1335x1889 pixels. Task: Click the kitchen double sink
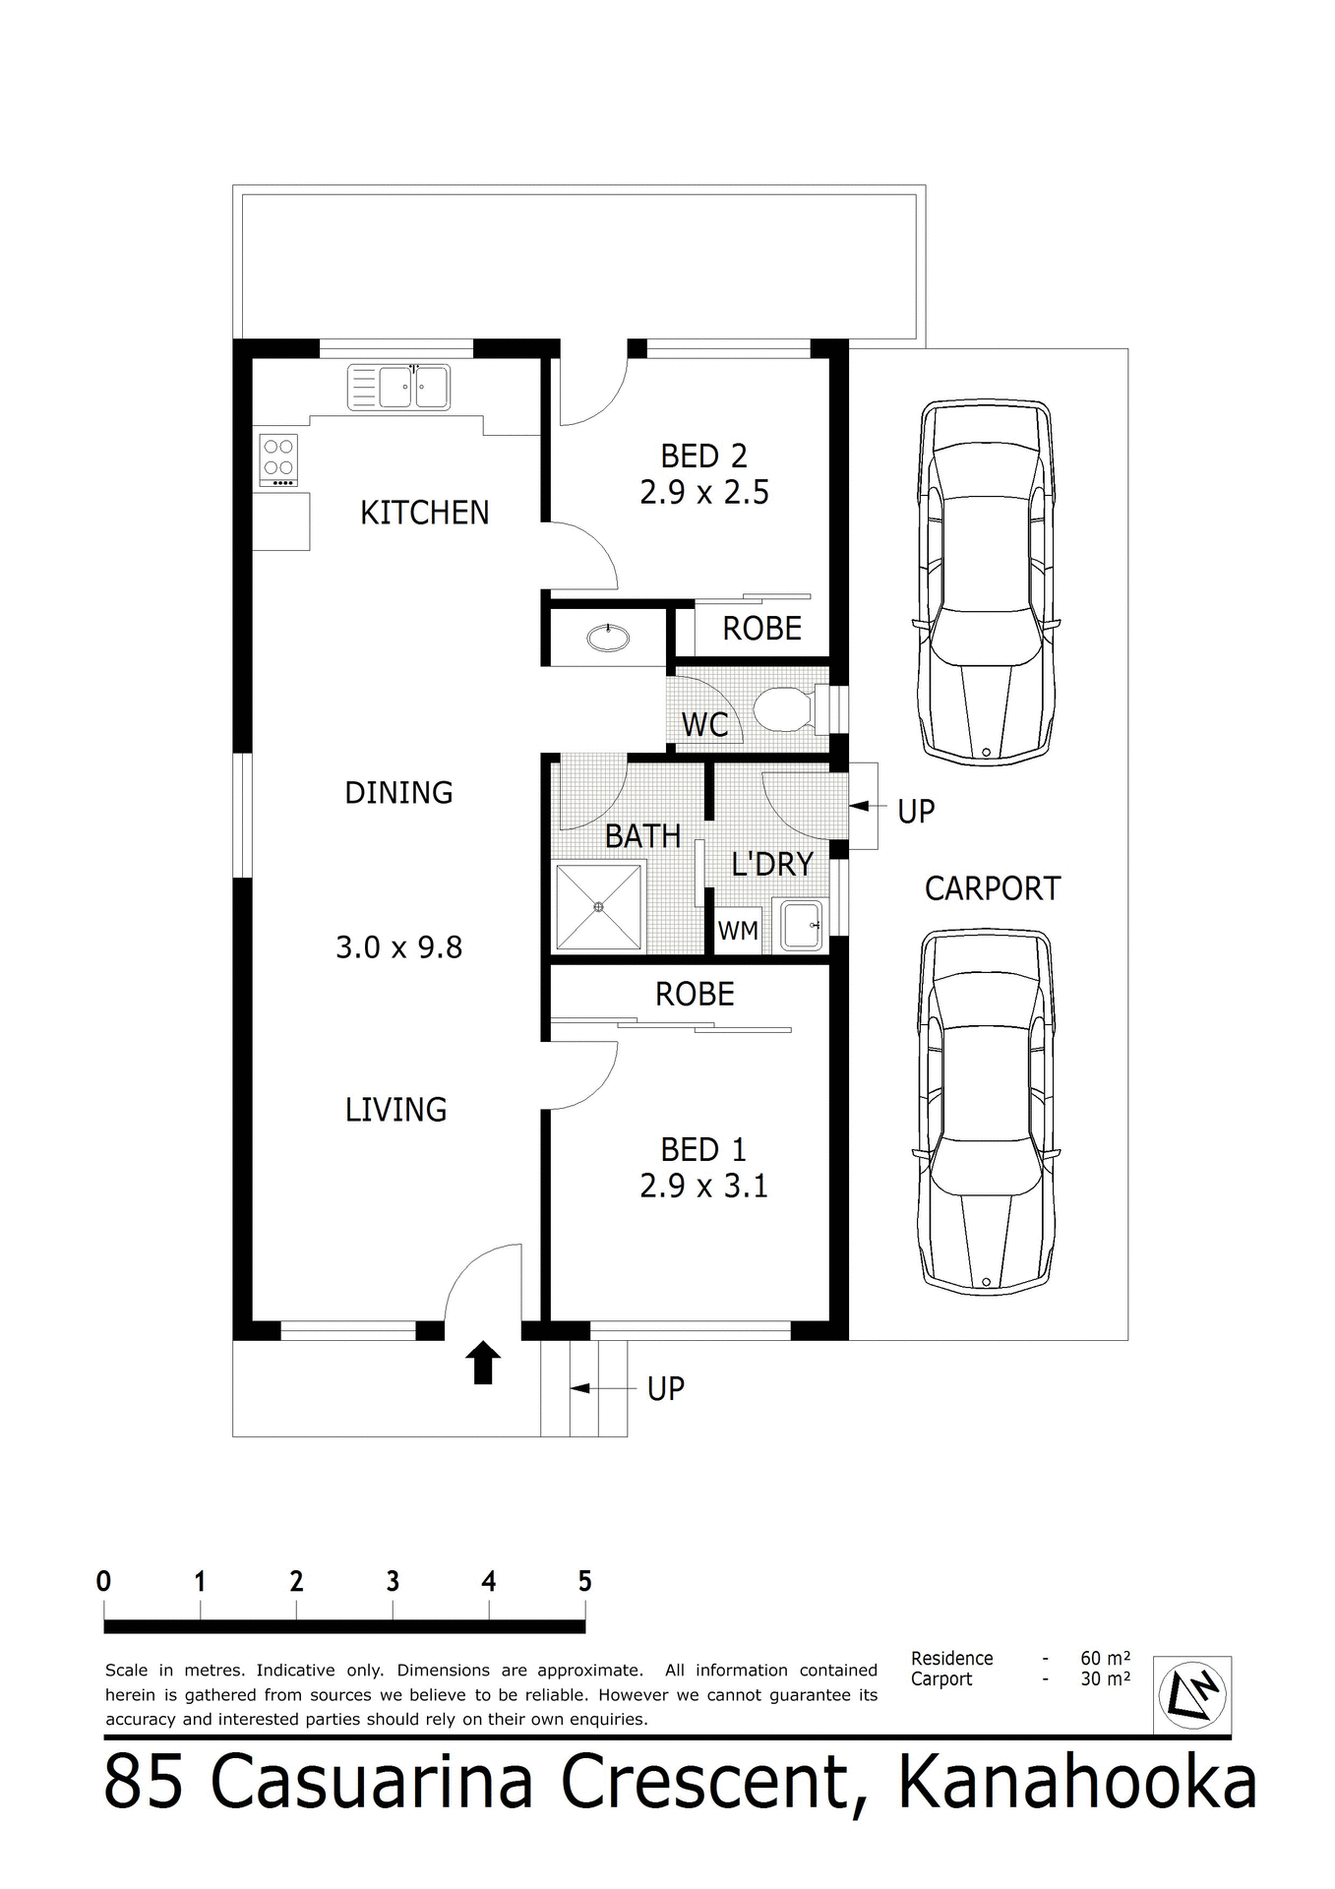pos(398,387)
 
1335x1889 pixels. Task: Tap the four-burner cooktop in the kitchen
pos(277,459)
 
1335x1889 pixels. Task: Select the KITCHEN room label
pos(424,513)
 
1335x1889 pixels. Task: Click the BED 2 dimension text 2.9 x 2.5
pos(703,492)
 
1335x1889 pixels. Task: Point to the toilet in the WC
pos(782,709)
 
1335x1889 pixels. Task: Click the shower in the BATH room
pos(599,907)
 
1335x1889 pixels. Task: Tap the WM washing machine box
pos(738,930)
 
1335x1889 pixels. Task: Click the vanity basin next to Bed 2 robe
pos(608,639)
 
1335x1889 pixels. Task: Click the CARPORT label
pos(992,888)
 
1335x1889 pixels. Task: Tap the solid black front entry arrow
pos(483,1363)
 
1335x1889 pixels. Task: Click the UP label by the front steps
pos(665,1389)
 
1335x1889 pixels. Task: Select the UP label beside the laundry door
pos(916,812)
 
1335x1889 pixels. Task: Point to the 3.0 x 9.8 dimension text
pos(398,947)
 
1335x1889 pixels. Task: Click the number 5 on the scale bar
pos(584,1582)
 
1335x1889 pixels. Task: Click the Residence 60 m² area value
pos(1105,1659)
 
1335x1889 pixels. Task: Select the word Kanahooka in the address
pos(1077,1784)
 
